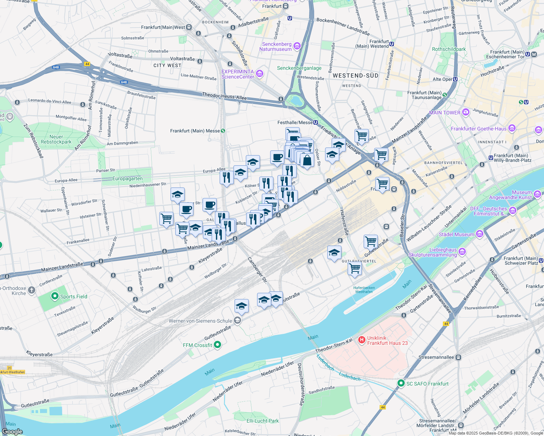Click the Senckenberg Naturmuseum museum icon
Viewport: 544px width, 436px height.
point(297,46)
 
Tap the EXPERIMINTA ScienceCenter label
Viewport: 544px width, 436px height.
point(238,74)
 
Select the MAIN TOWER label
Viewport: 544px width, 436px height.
point(444,113)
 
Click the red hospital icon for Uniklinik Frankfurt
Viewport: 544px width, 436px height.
point(361,340)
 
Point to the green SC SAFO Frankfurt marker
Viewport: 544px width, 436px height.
point(401,383)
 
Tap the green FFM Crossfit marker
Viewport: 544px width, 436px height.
point(217,345)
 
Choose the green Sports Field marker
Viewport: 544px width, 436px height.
point(55,296)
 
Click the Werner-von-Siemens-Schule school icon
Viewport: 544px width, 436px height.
point(237,320)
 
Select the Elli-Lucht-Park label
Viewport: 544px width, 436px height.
point(263,421)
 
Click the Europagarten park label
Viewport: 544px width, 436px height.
point(127,178)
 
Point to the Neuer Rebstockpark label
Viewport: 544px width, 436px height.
point(56,139)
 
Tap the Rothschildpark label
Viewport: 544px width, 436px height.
point(449,49)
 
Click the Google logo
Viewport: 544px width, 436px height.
point(12,431)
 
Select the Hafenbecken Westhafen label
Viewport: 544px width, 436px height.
point(364,290)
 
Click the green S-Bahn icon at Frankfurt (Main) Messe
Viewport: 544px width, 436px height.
point(223,131)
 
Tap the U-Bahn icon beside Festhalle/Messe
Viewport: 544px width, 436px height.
point(315,122)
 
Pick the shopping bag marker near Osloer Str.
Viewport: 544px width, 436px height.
point(307,160)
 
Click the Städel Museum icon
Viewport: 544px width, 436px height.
point(479,234)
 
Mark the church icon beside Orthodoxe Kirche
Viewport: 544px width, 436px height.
point(32,290)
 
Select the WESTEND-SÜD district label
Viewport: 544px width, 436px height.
point(355,76)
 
